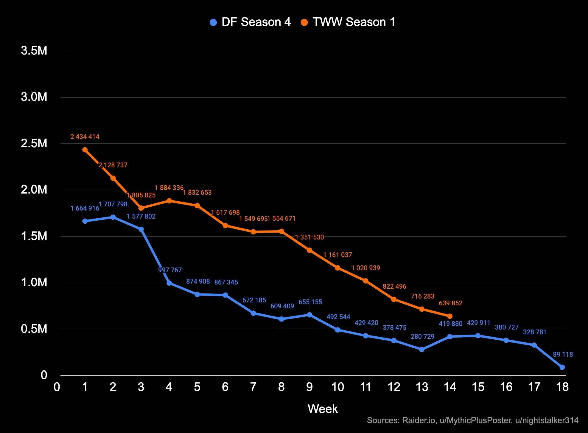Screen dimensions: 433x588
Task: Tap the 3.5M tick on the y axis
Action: click(x=34, y=51)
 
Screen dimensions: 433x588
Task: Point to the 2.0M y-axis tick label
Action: click(x=34, y=190)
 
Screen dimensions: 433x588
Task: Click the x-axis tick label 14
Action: click(x=450, y=387)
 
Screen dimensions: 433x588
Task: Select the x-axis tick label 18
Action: click(x=562, y=387)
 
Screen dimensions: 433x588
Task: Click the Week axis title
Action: click(x=323, y=409)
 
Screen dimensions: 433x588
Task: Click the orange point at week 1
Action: click(x=85, y=150)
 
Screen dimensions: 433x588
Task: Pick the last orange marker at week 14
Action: click(x=450, y=316)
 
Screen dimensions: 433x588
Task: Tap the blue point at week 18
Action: click(x=562, y=367)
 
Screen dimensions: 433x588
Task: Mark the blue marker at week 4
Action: click(x=169, y=283)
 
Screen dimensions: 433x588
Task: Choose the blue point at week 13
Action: click(x=422, y=350)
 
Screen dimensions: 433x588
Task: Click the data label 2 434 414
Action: click(x=85, y=137)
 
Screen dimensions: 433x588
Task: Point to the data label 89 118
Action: click(x=563, y=355)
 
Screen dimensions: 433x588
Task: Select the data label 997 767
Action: click(x=170, y=270)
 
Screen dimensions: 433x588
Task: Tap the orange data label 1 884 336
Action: click(x=169, y=188)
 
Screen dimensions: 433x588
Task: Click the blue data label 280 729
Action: click(x=422, y=337)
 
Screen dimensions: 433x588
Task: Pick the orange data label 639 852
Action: click(x=450, y=303)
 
